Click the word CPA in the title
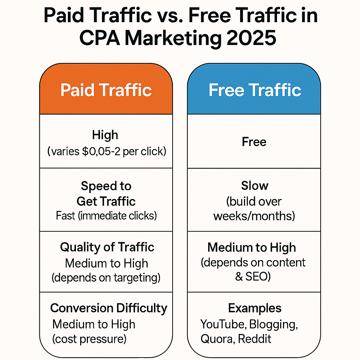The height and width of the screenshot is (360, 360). (99, 38)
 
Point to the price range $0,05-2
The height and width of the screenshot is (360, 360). (101, 151)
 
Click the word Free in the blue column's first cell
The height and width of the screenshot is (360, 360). (254, 142)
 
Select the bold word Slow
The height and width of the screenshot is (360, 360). (255, 186)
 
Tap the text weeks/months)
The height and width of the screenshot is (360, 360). (254, 216)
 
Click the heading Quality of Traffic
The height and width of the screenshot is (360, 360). (107, 247)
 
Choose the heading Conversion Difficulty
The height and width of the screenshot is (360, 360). (109, 308)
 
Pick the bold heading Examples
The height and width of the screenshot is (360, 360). (255, 308)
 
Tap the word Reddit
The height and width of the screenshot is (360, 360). (255, 339)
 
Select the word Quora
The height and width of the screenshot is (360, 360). (218, 339)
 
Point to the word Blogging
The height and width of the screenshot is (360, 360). (273, 324)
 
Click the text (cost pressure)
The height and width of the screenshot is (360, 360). (89, 339)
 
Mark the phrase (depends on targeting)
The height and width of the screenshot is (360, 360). (106, 278)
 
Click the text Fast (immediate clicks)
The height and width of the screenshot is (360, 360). (106, 216)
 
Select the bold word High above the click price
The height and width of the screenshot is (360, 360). (105, 135)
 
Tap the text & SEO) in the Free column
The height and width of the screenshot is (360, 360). (253, 276)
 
